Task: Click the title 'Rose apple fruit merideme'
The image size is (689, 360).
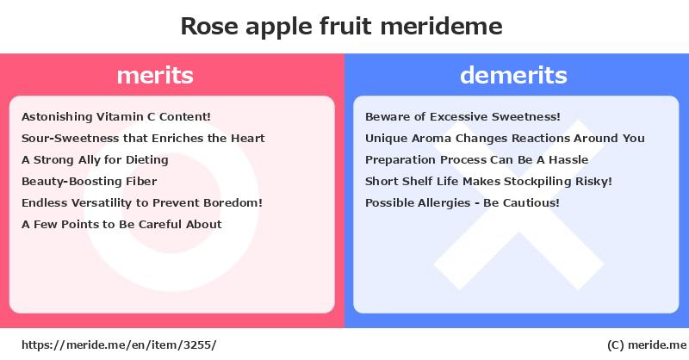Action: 341,27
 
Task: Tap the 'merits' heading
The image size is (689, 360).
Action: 155,75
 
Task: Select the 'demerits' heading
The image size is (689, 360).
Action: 513,75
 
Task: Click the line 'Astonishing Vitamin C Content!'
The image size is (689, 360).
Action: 116,116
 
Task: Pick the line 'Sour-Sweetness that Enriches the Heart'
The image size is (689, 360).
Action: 143,138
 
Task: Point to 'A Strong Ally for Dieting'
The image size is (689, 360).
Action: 95,159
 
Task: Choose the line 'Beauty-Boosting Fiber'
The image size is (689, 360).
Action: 90,181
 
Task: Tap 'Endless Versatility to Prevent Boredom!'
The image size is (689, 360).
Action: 142,202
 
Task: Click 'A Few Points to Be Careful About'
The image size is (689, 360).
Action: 121,224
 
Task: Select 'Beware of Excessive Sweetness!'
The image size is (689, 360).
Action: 462,116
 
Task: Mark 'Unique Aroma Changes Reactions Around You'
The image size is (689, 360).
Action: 505,138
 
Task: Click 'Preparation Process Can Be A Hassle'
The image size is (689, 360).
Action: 477,159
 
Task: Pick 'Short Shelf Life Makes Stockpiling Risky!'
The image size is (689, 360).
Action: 488,181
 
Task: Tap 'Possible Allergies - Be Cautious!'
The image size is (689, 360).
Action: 462,202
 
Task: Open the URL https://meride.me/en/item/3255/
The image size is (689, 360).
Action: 119,344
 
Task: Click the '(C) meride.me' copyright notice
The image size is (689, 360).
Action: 647,345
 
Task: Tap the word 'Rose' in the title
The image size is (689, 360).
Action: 209,27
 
